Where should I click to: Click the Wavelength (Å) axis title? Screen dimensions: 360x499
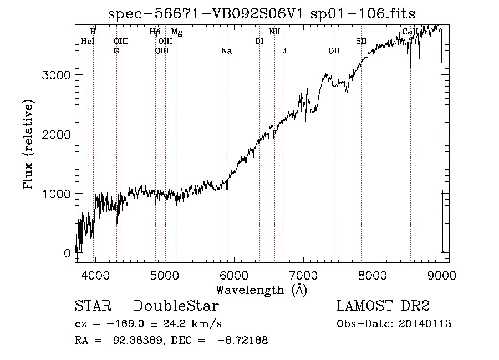click(x=261, y=290)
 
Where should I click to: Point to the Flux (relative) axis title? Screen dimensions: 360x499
click(x=29, y=145)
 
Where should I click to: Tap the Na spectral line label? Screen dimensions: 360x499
click(x=226, y=51)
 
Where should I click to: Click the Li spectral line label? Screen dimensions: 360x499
click(x=283, y=51)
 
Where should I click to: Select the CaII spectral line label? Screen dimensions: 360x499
click(x=410, y=32)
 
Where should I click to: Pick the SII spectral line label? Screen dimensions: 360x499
click(x=361, y=41)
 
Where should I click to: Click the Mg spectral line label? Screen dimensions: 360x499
click(x=176, y=32)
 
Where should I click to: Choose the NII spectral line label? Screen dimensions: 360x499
click(x=274, y=32)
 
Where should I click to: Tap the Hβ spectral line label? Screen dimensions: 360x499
click(x=155, y=32)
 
